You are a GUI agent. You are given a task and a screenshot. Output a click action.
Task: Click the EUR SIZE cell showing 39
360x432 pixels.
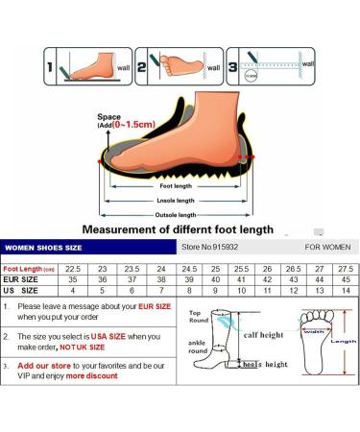point(191,277)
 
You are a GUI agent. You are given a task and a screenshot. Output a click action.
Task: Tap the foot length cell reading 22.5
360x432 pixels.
point(72,266)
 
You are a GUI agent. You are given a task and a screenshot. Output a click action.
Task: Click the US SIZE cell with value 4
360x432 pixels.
point(72,290)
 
